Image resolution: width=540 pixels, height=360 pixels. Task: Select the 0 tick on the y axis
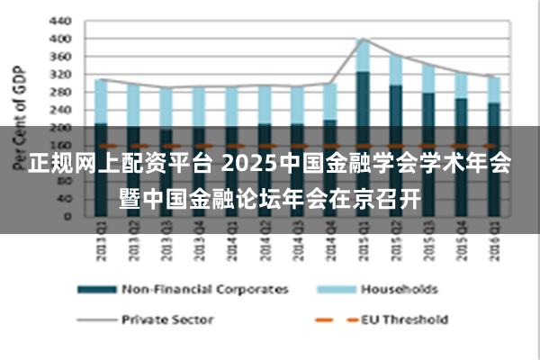tap(68, 216)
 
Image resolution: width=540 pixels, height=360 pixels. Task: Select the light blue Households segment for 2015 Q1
tap(362, 55)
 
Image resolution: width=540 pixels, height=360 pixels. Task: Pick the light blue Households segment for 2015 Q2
tap(394, 70)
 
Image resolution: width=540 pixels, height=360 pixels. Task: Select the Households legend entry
tap(399, 289)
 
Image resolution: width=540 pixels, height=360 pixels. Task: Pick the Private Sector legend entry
tap(167, 318)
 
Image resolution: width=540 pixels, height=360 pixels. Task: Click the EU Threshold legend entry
tap(404, 318)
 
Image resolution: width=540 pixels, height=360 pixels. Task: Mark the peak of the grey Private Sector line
tap(362, 39)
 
